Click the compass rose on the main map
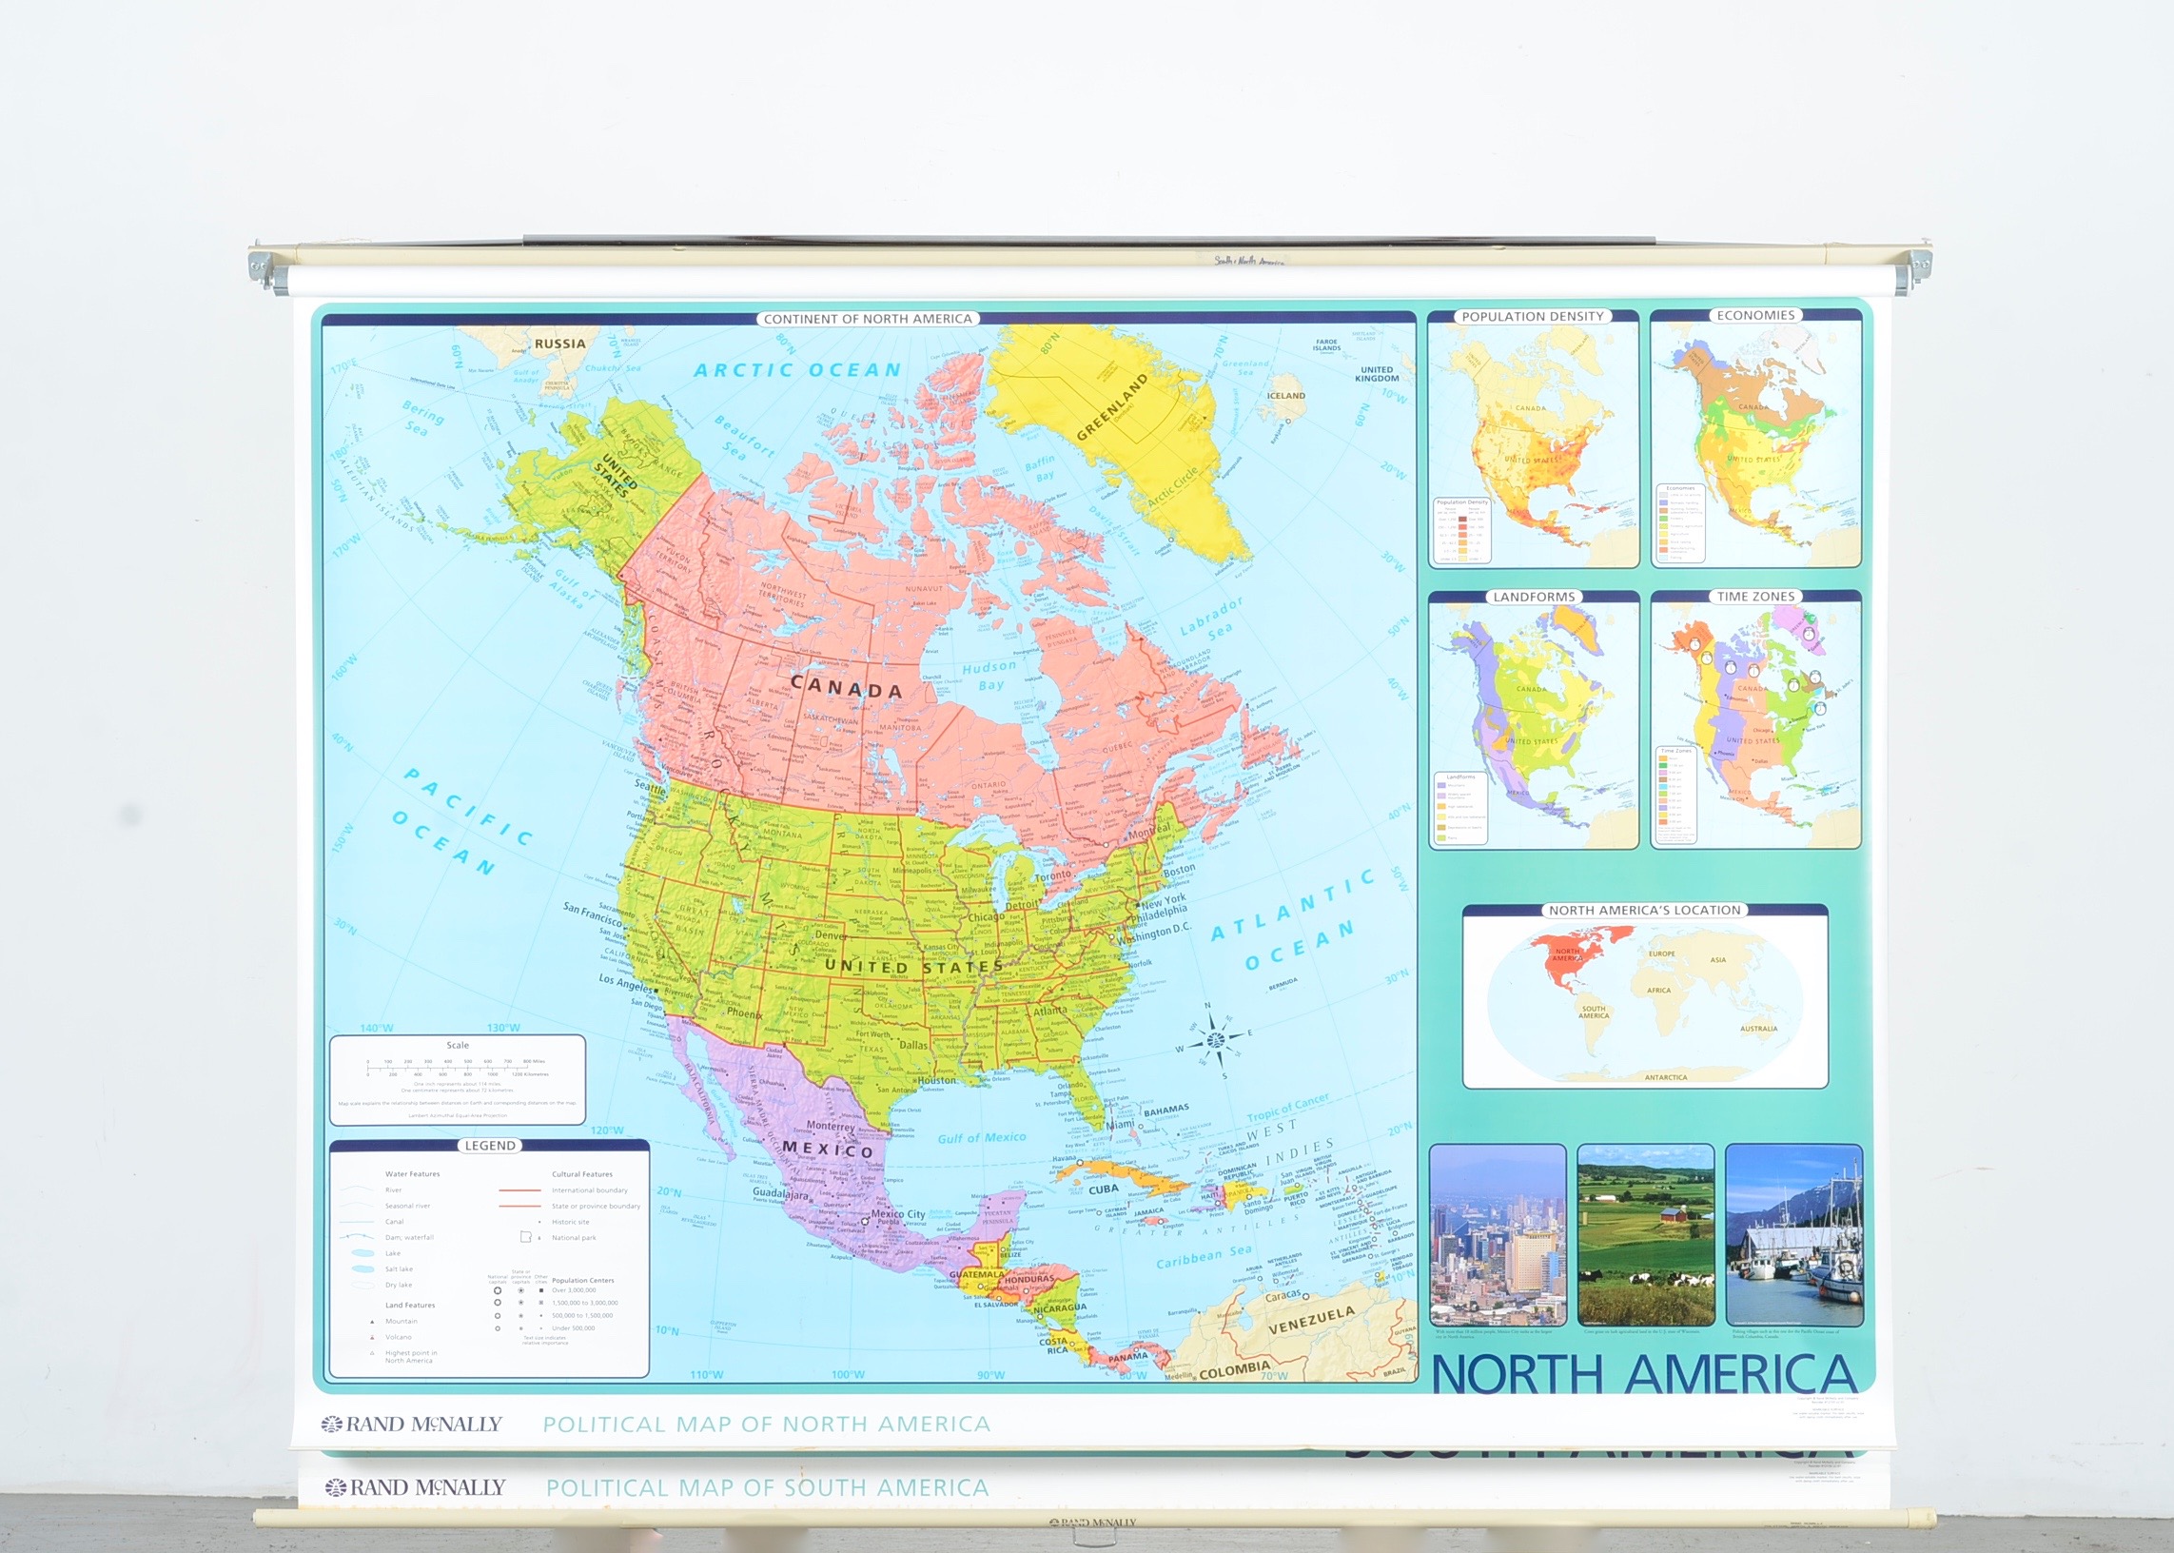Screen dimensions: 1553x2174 1214,1038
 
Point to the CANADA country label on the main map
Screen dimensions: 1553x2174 846,689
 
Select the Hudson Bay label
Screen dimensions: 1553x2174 989,674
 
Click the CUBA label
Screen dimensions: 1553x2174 1104,1189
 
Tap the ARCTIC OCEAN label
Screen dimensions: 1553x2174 797,370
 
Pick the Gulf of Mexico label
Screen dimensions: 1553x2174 981,1138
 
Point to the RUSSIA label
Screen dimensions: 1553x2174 560,344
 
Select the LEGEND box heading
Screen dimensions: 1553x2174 489,1146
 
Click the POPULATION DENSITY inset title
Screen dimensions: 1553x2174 1533,317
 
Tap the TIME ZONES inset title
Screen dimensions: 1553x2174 1755,596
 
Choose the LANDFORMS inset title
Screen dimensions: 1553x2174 1534,597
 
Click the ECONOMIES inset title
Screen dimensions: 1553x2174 1755,316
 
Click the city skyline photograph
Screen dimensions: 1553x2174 1498,1234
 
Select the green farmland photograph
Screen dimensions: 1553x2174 1645,1234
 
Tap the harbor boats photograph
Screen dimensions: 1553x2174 1793,1234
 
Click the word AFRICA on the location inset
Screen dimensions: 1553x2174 1658,991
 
